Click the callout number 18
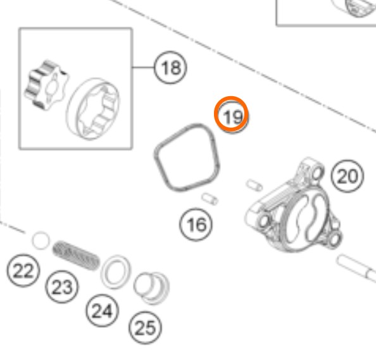pos(170,67)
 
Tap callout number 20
pos(348,176)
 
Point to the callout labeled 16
pos(196,225)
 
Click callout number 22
pos(23,270)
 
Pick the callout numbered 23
pos(62,287)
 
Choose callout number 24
pos(102,311)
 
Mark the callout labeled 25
pos(145,328)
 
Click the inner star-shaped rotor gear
pos(46,85)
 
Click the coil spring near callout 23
pos(76,255)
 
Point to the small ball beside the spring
pos(41,240)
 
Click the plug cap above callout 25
pos(151,289)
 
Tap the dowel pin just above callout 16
pos(210,199)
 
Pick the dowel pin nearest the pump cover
pos(254,185)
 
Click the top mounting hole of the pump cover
pos(317,173)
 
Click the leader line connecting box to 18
pos(143,67)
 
